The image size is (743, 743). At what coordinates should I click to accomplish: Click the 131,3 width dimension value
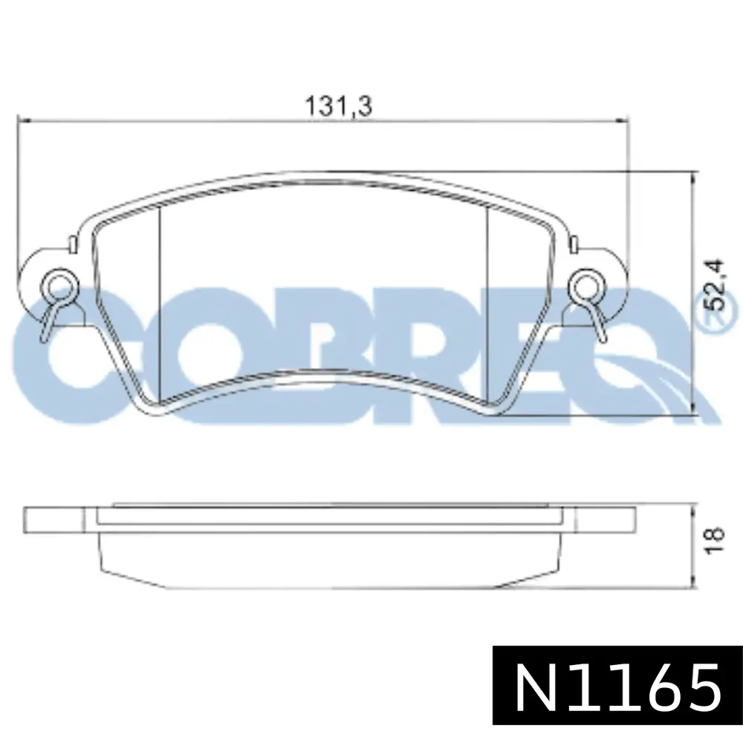(x=338, y=106)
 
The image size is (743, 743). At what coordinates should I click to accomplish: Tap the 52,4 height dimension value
(x=714, y=285)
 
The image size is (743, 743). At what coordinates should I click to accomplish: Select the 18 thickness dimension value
(x=714, y=539)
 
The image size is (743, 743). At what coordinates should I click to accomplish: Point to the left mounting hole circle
(x=58, y=285)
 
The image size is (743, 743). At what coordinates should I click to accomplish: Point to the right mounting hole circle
(x=585, y=285)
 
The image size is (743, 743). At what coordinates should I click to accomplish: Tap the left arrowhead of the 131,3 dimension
(x=23, y=121)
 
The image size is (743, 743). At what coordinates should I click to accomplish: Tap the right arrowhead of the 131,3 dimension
(x=623, y=121)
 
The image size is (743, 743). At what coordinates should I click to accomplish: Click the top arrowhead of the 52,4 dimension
(x=694, y=176)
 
